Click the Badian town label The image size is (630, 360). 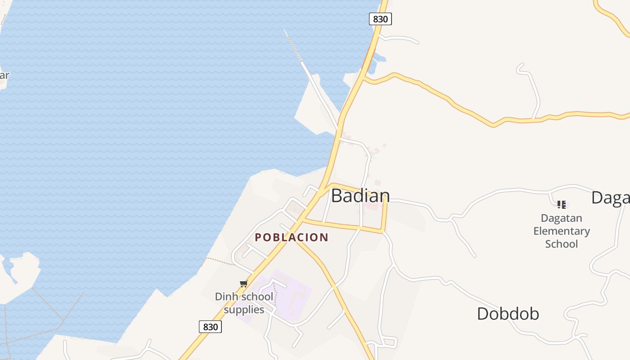360,196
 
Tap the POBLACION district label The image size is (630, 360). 292,237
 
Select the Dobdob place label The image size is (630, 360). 508,314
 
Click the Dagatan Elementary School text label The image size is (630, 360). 561,231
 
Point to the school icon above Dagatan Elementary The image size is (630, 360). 561,205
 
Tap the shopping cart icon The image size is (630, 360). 243,283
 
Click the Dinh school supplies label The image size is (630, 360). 244,303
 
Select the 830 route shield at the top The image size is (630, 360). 380,19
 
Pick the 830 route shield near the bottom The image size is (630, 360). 210,327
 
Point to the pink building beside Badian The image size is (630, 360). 372,206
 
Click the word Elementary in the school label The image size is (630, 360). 561,231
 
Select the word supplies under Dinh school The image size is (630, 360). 244,310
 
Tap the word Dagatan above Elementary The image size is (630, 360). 561,218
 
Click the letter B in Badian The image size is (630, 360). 337,196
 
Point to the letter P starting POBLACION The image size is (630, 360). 258,237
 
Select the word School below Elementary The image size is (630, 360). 561,244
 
